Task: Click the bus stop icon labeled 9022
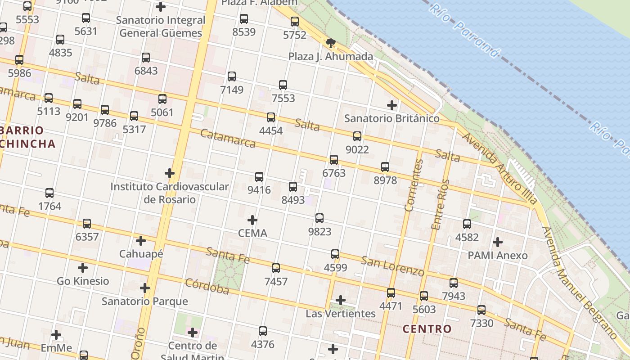point(357,136)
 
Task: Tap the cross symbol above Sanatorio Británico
point(392,105)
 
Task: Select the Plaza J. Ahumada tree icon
point(331,43)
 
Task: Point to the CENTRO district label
point(427,329)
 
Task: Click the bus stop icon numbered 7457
point(276,268)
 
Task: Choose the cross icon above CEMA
point(252,220)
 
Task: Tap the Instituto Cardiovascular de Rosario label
point(170,193)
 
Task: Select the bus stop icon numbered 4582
point(467,224)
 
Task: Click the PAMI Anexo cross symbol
point(497,242)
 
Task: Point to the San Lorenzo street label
point(392,266)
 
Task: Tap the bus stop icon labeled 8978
point(385,167)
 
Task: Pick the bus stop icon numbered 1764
point(49,193)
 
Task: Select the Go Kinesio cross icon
point(83,268)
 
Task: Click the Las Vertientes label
point(341,313)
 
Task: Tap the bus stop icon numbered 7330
point(481,310)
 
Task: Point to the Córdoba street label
point(207,287)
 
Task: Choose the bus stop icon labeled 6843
point(146,58)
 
